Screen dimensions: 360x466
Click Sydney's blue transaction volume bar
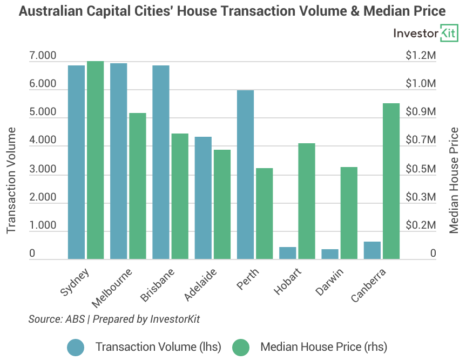coord(76,162)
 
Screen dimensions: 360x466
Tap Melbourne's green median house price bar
coord(138,186)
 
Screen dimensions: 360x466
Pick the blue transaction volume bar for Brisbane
coord(161,162)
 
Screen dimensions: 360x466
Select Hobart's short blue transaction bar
coord(288,253)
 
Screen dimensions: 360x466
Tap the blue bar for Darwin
coord(330,254)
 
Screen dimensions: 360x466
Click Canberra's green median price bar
coord(391,181)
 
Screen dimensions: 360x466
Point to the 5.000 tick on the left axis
coord(43,112)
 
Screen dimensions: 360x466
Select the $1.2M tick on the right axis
coord(420,56)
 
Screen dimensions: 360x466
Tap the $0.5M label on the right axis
coord(420,169)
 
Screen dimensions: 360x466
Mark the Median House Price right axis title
coord(454,180)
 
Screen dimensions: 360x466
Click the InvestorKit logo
coord(426,34)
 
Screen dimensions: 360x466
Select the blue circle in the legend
coord(76,347)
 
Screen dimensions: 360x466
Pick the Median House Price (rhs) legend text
coord(323,347)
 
